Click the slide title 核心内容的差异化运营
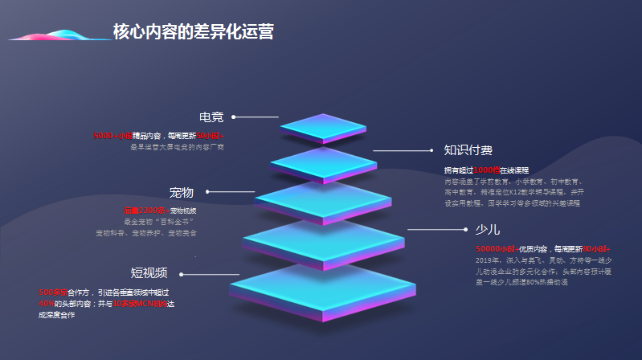[193, 32]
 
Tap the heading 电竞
[211, 117]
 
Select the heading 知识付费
[468, 150]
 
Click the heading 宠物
[181, 193]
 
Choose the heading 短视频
[149, 272]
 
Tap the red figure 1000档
[487, 170]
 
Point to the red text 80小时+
[596, 249]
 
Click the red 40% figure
[46, 304]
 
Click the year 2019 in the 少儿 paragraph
[485, 260]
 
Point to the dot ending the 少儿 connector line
[465, 230]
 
